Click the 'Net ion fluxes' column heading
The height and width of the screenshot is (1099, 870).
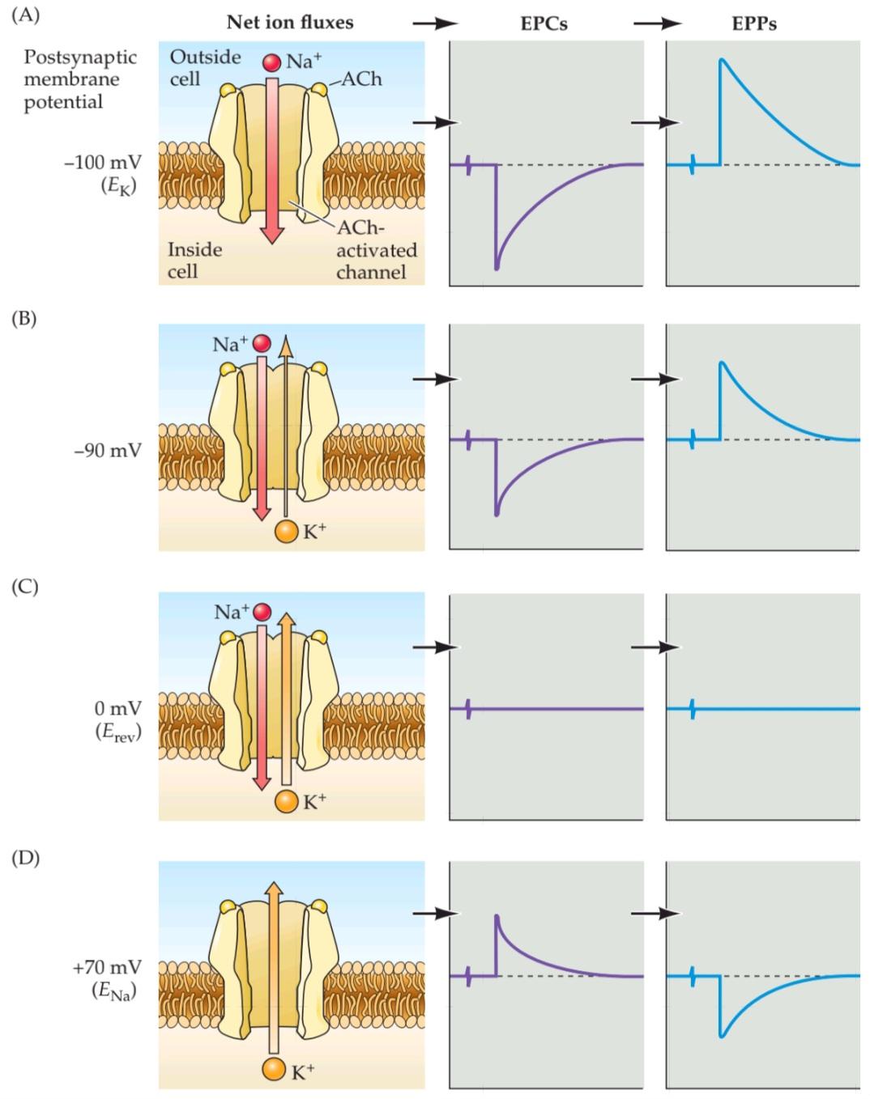pos(289,23)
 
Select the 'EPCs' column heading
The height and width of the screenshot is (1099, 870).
pos(544,23)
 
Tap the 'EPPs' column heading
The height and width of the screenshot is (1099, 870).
pos(753,23)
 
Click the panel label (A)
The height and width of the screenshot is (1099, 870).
pos(25,15)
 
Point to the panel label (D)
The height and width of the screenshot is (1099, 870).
pos(25,857)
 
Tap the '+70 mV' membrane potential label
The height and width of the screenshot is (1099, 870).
pos(107,967)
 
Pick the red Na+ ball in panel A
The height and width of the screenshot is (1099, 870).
pos(271,62)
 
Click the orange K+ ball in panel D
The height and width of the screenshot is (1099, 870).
pos(274,1069)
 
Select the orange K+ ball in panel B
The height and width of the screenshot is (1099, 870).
pos(286,531)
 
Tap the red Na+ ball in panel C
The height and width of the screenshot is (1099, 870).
pos(262,612)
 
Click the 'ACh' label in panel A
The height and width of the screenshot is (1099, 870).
pos(361,78)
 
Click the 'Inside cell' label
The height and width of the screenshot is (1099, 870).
pos(194,260)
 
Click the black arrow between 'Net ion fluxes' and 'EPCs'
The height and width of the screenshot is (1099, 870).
pos(435,23)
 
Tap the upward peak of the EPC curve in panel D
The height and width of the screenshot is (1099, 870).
pos(497,916)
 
